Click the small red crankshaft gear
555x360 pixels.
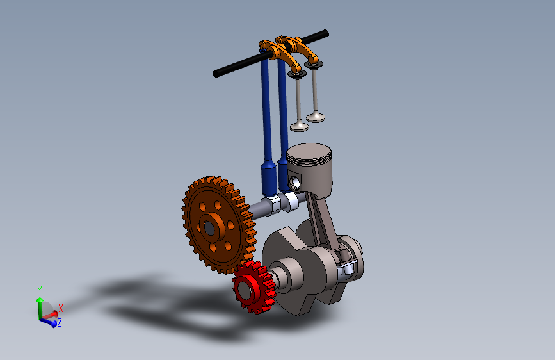coord(253,288)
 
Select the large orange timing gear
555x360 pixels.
coord(219,225)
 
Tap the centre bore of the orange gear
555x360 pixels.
coord(209,229)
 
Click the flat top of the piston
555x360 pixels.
coord(309,152)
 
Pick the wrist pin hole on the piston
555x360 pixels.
coord(294,183)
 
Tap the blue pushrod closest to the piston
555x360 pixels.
coord(283,124)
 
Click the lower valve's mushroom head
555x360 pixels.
coord(300,127)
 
